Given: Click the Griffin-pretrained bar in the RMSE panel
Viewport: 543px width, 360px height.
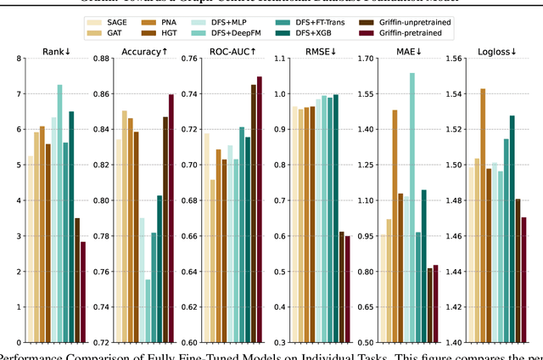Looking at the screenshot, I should [x=347, y=290].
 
